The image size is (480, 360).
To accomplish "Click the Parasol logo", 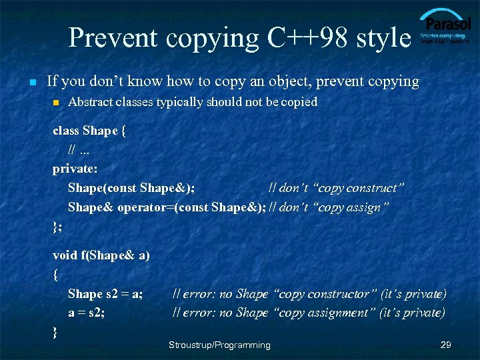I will pos(445,27).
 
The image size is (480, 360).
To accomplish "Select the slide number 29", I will pos(446,345).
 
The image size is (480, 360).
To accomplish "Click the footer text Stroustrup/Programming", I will pos(219,345).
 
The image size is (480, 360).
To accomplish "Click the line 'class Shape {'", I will pos(89,131).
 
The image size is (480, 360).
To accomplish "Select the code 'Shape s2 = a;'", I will pos(105,294).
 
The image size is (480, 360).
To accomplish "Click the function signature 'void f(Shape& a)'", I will pos(101,255).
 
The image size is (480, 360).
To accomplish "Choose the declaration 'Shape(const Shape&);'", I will pos(131,189).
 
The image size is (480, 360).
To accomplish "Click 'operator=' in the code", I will pos(143,207).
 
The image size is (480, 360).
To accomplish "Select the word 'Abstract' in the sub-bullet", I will pos(91,102).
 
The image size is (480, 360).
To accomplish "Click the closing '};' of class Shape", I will pos(57,227).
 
